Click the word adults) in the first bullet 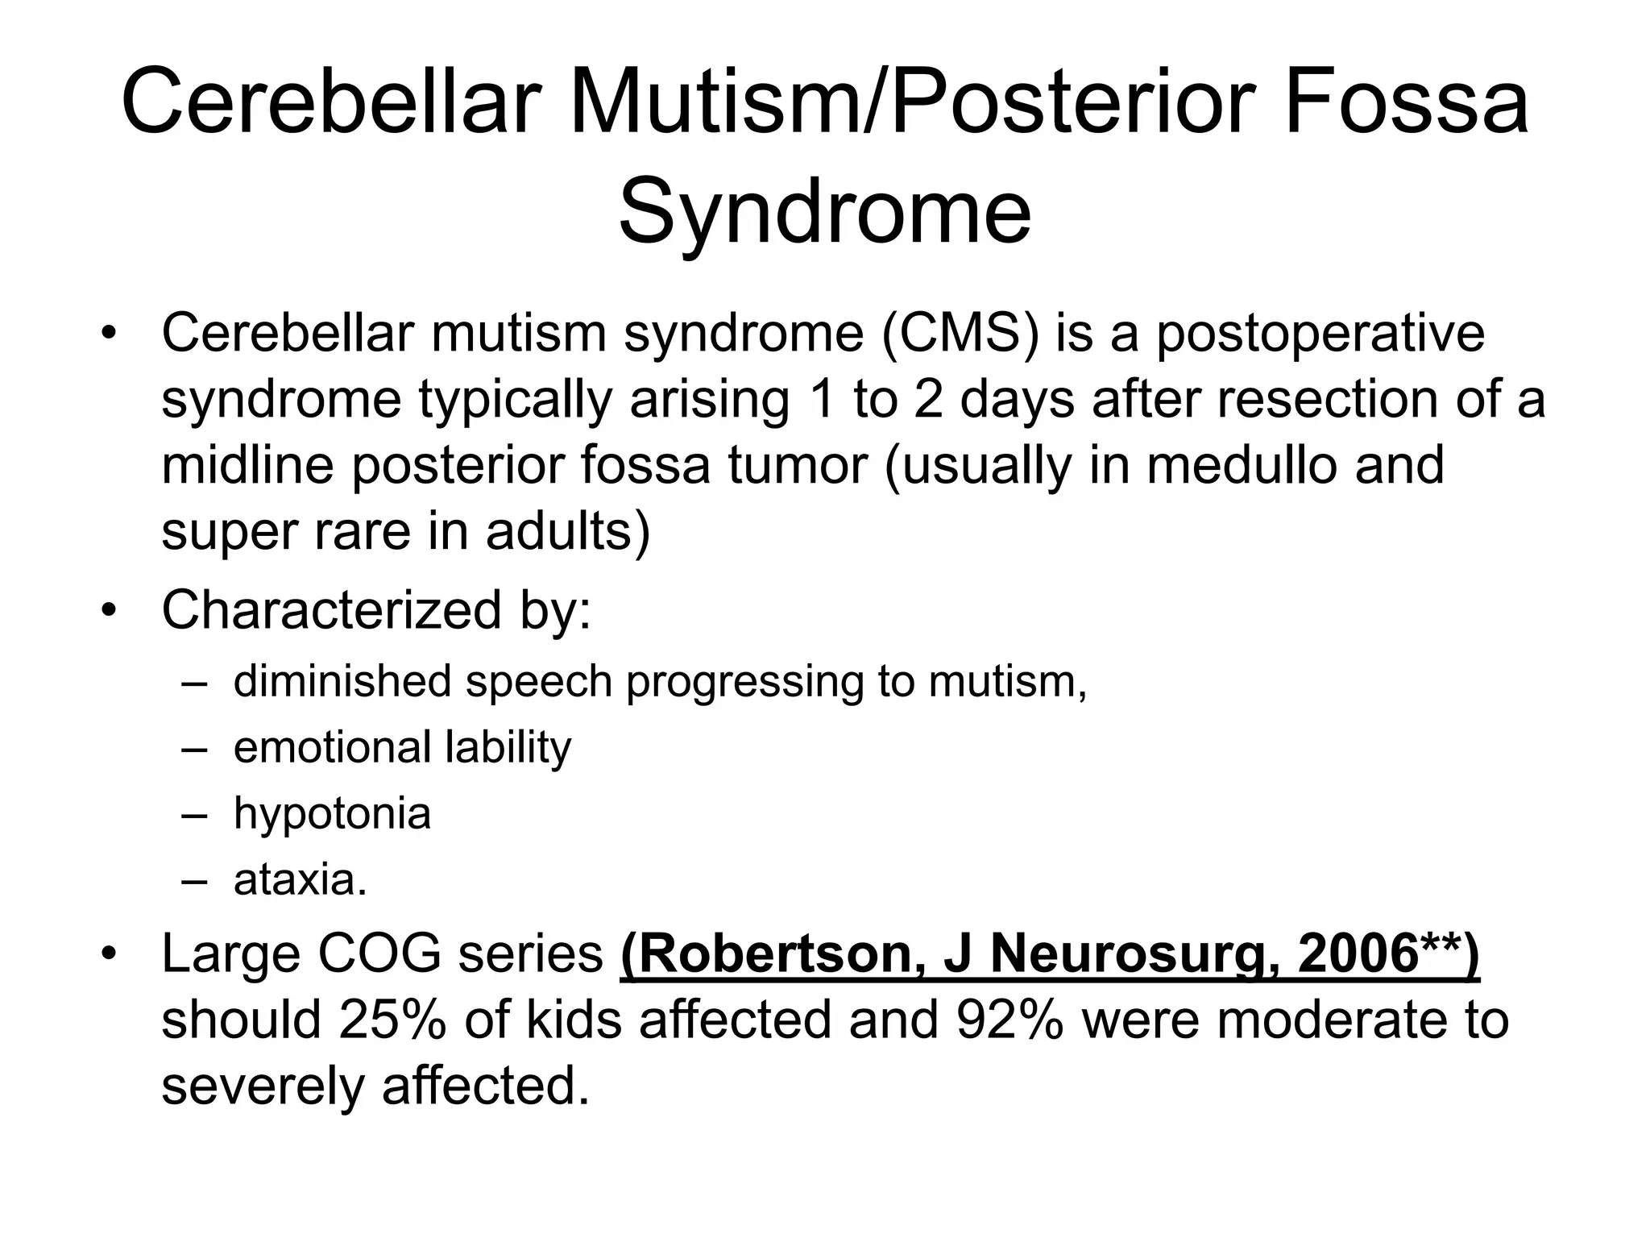(x=567, y=532)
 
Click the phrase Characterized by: (x=376, y=610)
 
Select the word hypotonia (x=332, y=813)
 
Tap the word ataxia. (x=300, y=879)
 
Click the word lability (x=508, y=747)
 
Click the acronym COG (x=379, y=954)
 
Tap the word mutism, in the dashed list (x=1008, y=682)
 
